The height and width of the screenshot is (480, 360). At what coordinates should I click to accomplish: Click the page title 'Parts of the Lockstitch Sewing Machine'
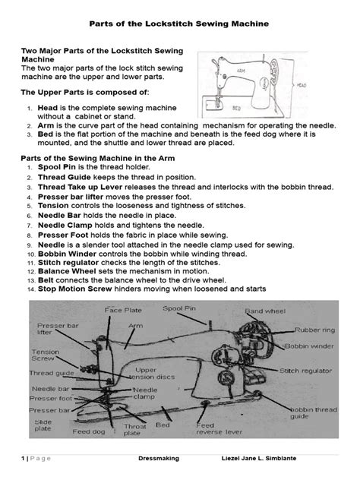179,24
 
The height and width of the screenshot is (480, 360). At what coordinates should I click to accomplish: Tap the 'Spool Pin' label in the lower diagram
179,308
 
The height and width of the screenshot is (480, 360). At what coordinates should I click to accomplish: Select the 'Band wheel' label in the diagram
265,311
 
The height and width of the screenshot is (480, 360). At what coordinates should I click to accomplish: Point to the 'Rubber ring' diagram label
314,330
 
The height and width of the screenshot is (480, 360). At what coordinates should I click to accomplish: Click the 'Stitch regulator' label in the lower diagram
305,371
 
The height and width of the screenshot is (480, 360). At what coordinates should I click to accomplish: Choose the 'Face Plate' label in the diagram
123,310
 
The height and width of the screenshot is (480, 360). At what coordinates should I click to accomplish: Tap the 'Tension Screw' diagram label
46,355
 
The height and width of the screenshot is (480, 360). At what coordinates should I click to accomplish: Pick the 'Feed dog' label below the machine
89,431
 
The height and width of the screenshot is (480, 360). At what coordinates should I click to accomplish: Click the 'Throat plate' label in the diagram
135,429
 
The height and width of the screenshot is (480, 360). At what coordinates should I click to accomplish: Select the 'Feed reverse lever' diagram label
219,428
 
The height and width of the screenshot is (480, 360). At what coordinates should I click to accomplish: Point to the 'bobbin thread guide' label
314,413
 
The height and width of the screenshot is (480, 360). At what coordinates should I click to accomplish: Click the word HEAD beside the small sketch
302,85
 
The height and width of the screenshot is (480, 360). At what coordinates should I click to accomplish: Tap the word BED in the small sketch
236,108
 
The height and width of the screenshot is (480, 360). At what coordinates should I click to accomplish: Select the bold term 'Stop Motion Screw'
75,289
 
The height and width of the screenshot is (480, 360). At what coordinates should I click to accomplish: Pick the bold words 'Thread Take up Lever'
81,187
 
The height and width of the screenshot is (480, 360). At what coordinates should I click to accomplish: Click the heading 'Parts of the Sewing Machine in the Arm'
98,158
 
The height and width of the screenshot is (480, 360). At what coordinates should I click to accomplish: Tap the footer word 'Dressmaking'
159,458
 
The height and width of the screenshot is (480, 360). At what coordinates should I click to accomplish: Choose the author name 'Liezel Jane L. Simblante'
259,458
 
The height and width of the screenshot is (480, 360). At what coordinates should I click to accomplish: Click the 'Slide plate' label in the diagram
43,425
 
